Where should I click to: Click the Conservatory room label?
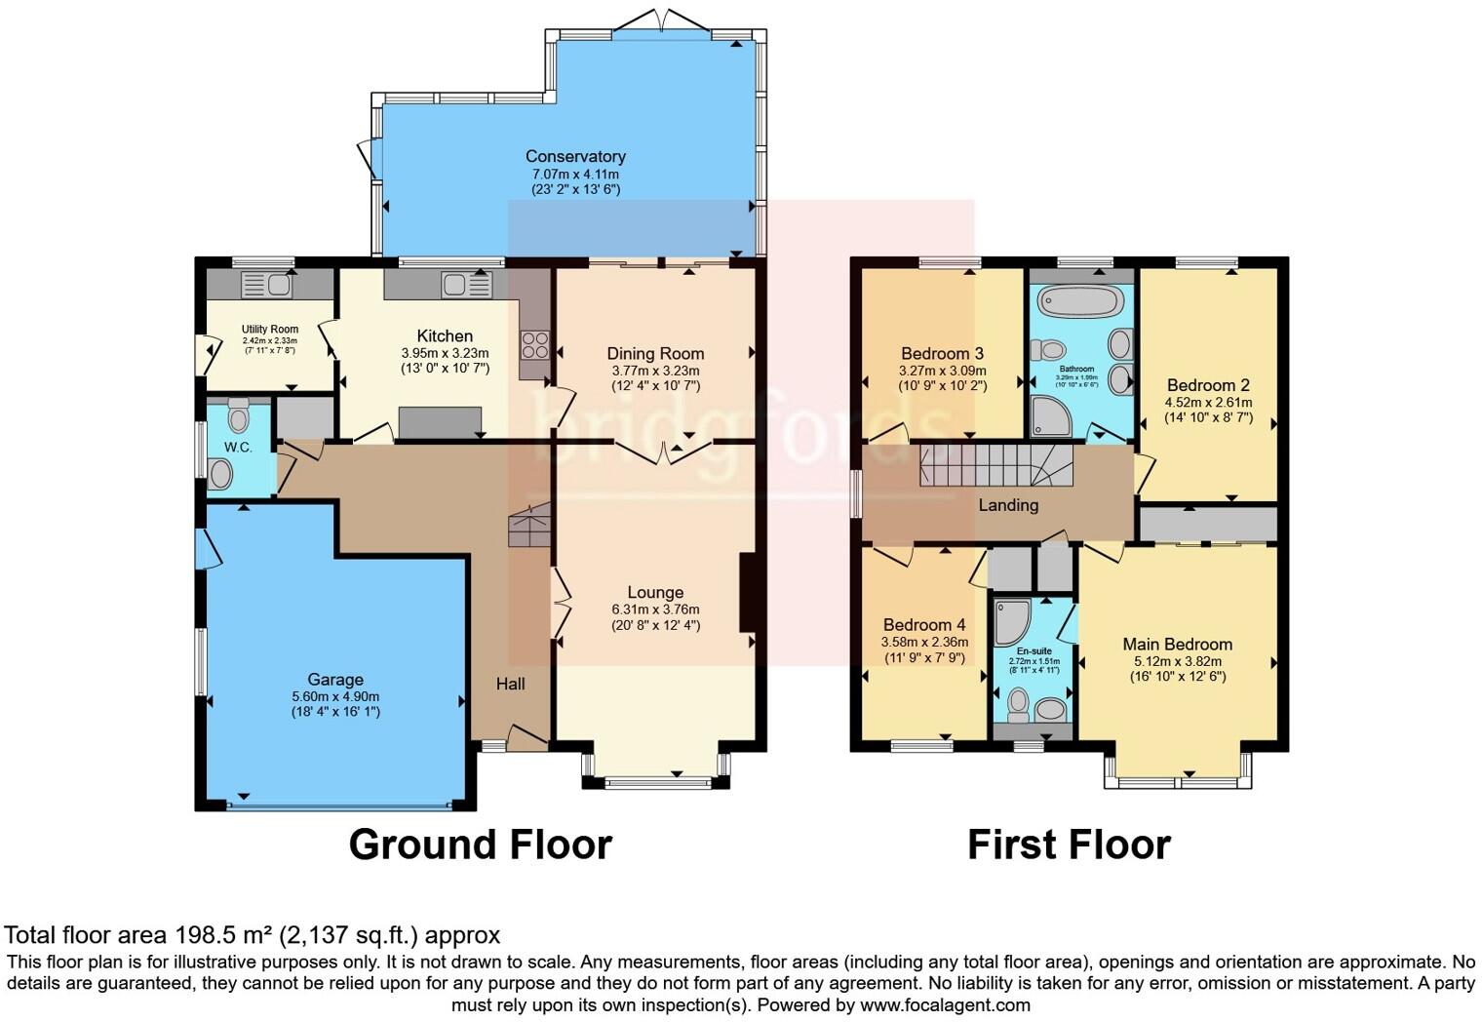click(575, 156)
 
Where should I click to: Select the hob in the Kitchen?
click(535, 345)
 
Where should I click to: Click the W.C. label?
click(238, 448)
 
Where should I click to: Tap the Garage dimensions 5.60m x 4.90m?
click(335, 696)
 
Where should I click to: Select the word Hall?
click(510, 684)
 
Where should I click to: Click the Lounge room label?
click(655, 592)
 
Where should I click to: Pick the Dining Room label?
click(655, 353)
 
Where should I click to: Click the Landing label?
click(1008, 505)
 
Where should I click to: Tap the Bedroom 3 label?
click(942, 353)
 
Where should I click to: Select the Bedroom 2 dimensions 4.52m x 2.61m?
click(1208, 402)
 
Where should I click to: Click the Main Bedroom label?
click(1177, 644)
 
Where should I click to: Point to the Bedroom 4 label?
click(923, 625)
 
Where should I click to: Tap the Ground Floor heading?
click(480, 845)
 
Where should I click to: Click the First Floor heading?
click(1069, 845)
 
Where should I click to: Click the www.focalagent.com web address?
click(945, 1004)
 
